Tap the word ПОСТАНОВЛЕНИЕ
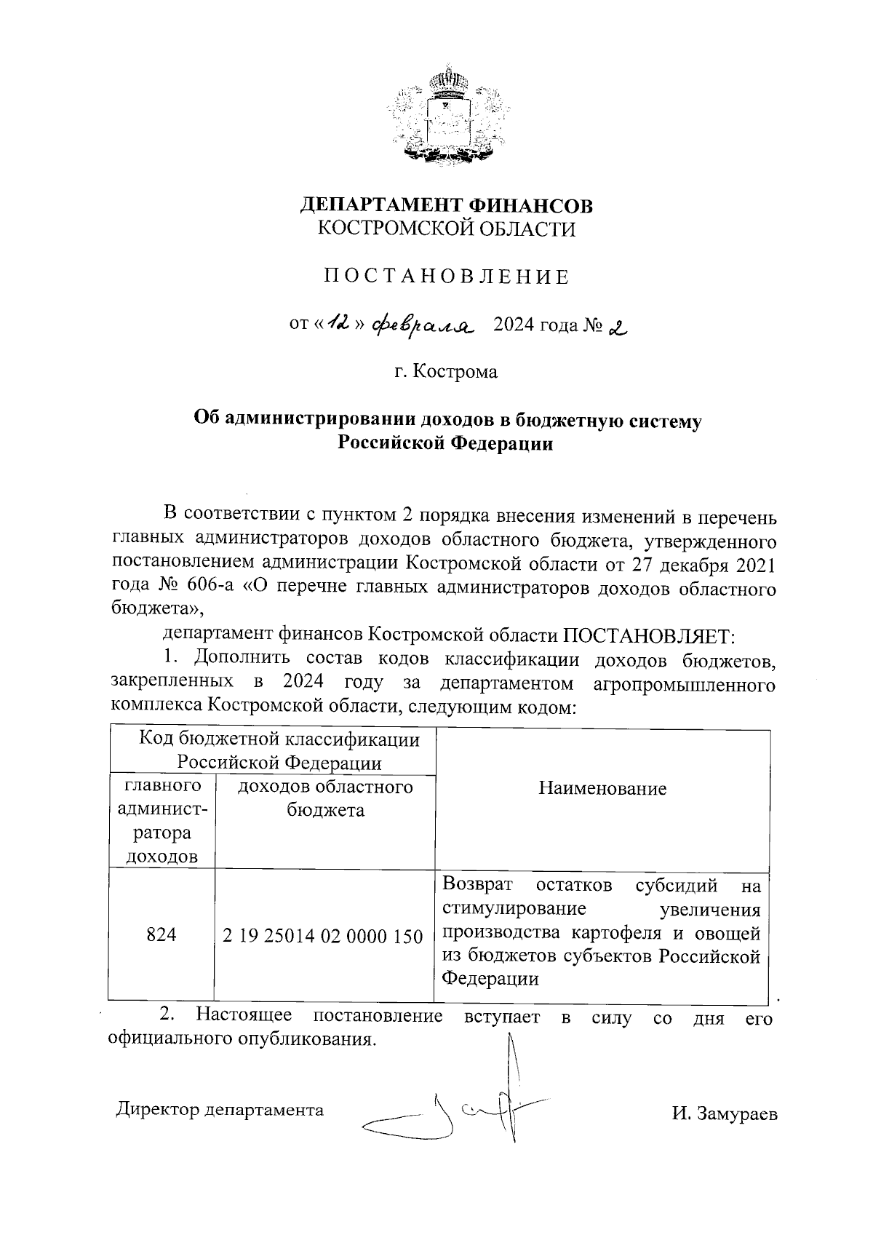(447, 277)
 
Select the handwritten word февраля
(421, 325)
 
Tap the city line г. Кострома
(446, 372)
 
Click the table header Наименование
(602, 789)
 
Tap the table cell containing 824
(162, 934)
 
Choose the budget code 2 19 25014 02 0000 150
(323, 936)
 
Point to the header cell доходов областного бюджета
(325, 798)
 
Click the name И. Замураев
(724, 1114)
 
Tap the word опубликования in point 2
(306, 1039)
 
